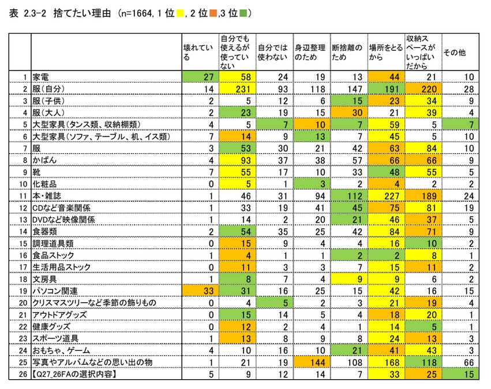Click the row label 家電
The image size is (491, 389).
(40, 76)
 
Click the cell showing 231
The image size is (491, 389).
(237, 88)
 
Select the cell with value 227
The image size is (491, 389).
(385, 196)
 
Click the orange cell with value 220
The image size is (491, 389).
(422, 88)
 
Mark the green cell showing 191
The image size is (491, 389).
(385, 88)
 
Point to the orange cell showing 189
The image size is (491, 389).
(422, 196)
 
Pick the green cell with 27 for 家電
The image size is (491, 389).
(200, 76)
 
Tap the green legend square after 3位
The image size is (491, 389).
(243, 13)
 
